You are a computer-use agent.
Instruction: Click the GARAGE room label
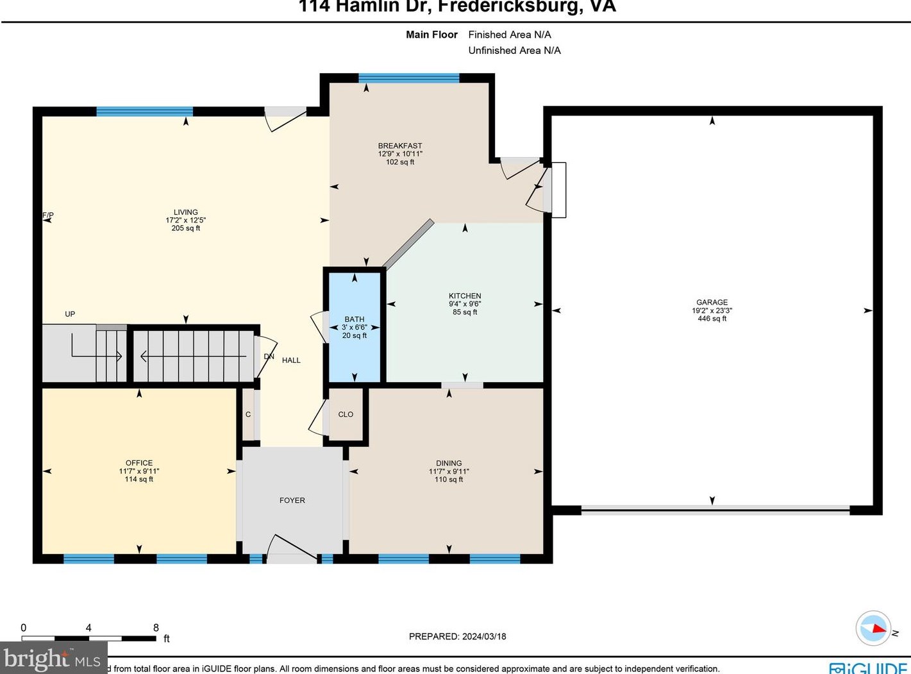click(712, 302)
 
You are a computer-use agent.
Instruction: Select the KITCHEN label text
click(465, 296)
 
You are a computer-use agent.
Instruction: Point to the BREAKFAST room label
click(400, 146)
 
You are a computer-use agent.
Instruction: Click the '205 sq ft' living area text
click(186, 228)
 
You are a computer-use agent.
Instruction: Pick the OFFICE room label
click(139, 462)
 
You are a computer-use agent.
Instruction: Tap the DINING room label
click(449, 462)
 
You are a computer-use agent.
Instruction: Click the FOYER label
click(292, 500)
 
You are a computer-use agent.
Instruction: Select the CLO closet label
click(346, 414)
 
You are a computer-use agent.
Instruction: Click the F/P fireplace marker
click(48, 215)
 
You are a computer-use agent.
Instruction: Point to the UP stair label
click(70, 314)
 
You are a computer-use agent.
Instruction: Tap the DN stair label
click(269, 357)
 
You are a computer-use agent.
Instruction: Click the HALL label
click(291, 360)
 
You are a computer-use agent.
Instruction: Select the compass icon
click(873, 628)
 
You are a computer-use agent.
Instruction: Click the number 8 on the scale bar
click(156, 628)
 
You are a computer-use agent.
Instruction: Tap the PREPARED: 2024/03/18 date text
click(458, 636)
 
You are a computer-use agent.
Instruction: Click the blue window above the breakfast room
click(409, 78)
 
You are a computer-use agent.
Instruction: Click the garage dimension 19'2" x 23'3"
click(712, 310)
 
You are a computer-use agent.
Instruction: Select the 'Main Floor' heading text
click(431, 35)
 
